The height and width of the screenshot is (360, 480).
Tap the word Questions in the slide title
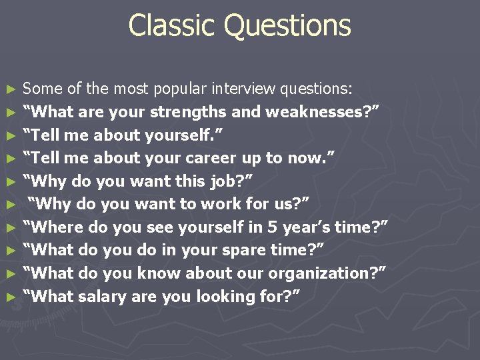point(287,26)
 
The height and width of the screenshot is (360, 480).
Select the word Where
point(55,227)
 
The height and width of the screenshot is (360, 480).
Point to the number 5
point(273,227)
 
